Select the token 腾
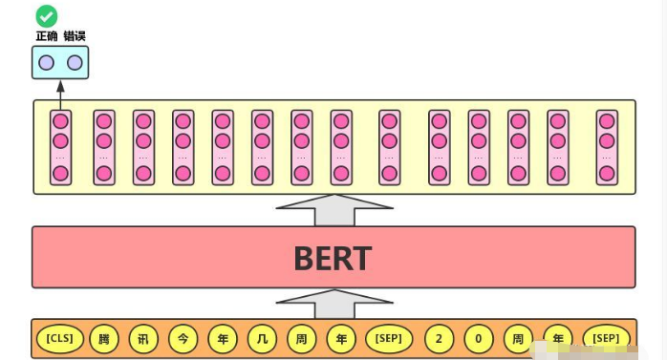point(103,338)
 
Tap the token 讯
point(142,338)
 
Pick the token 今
point(183,338)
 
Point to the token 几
point(262,338)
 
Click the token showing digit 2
point(439,338)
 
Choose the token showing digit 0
point(479,338)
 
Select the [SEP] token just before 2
point(389,338)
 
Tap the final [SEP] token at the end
point(606,338)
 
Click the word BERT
point(333,258)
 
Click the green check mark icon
point(46,15)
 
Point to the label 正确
point(47,35)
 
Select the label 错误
point(75,35)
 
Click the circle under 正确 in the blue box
point(47,63)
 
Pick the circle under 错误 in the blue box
point(75,63)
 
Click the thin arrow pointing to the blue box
point(60,95)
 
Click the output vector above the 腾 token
point(103,147)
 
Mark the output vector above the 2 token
point(439,147)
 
